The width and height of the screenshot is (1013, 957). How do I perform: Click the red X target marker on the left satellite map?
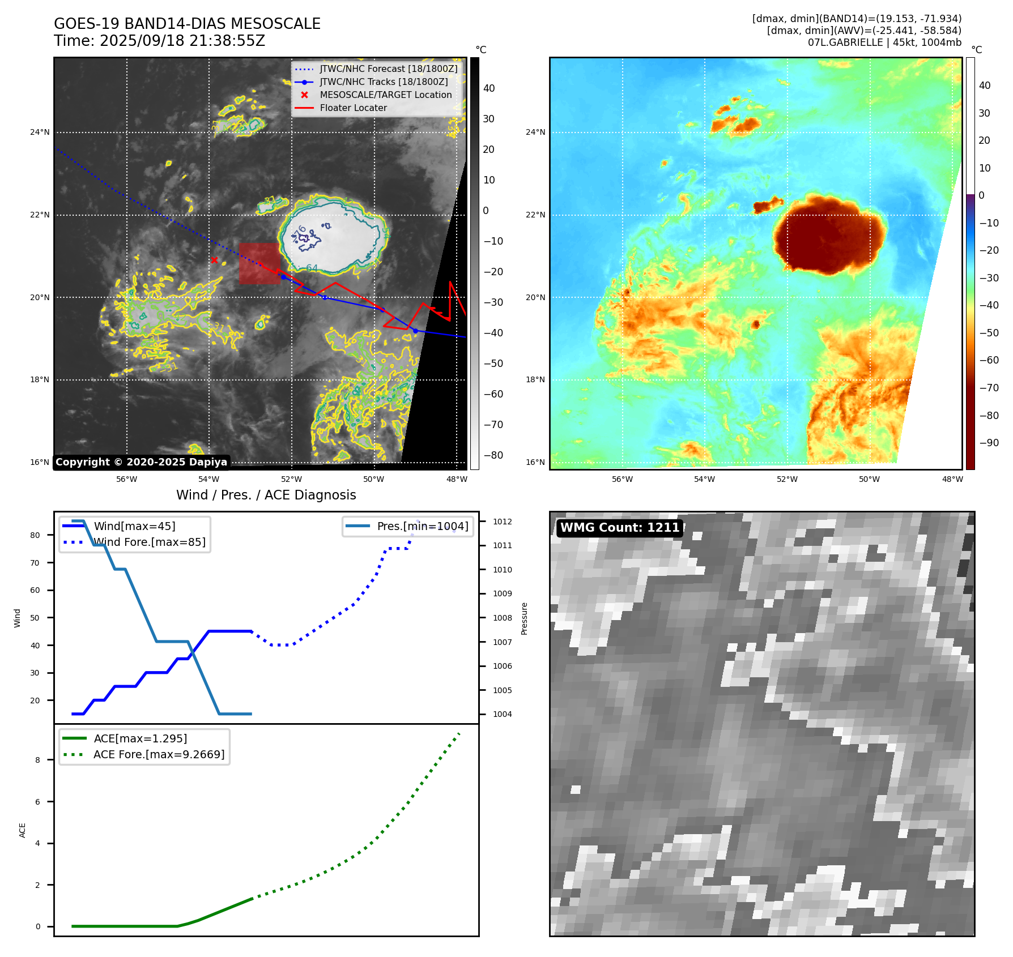[214, 260]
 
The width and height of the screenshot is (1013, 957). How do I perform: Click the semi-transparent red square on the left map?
[259, 263]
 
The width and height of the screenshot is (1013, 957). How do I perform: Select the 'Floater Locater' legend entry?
[353, 108]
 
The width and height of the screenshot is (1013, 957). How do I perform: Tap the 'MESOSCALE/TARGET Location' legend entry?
[385, 95]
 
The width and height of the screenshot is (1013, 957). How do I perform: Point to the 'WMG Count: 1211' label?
[619, 528]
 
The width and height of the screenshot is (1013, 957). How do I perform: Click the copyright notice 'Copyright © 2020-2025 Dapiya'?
[141, 462]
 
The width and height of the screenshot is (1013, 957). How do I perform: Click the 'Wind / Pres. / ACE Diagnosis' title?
[266, 495]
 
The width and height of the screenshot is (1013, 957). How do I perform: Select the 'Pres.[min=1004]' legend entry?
[422, 526]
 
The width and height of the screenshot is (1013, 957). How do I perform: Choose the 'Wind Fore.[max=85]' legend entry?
[149, 542]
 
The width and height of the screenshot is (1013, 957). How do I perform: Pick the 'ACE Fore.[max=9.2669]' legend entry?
[159, 754]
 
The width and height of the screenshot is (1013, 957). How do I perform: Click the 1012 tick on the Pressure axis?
[502, 522]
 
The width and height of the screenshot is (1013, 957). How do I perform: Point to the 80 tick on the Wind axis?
[35, 535]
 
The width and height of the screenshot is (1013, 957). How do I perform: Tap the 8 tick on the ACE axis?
[38, 760]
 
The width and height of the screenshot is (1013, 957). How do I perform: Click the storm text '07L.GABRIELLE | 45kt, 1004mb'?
[884, 42]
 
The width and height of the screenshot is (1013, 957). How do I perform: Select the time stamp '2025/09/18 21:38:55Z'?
[182, 41]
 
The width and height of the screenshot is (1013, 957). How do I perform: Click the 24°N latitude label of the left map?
[40, 133]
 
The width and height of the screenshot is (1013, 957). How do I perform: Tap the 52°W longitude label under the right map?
[786, 479]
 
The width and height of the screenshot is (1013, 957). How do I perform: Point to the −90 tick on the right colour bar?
[989, 443]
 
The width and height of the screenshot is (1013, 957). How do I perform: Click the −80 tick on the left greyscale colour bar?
[493, 455]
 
